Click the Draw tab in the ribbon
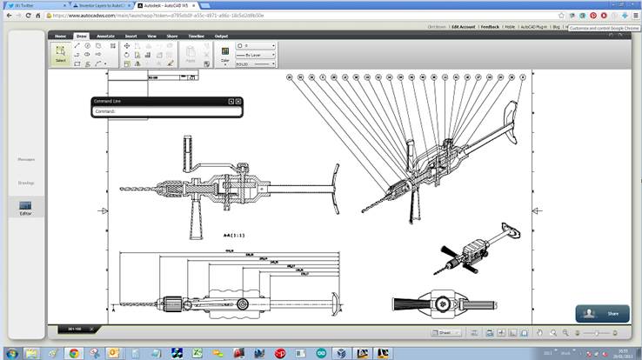[81, 36]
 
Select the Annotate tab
[106, 36]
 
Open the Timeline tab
[195, 36]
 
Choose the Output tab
[221, 36]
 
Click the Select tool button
[60, 54]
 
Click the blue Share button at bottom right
[601, 313]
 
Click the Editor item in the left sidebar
[25, 208]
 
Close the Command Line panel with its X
[237, 102]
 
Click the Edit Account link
[464, 27]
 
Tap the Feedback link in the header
[490, 27]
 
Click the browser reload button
[28, 15]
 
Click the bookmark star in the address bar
[561, 15]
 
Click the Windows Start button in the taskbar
[9, 353]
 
